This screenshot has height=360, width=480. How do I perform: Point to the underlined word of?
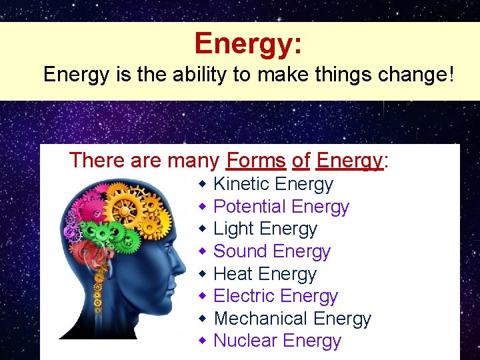(301, 161)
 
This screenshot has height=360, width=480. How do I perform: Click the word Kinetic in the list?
(241, 184)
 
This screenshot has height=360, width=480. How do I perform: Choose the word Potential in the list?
(249, 207)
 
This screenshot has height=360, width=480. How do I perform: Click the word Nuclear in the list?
(245, 341)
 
